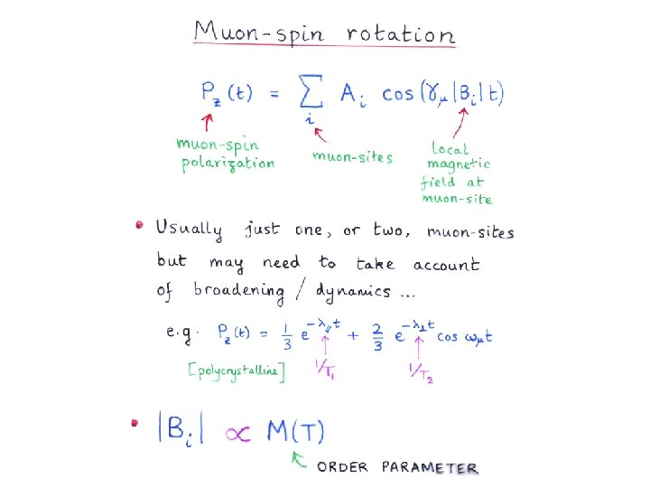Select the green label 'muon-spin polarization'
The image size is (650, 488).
(x=225, y=154)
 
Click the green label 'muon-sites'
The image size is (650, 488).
(x=352, y=156)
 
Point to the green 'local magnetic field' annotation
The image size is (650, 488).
(x=456, y=172)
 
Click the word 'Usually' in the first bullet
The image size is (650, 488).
(x=188, y=229)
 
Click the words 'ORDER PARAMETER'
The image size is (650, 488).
(x=397, y=467)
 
